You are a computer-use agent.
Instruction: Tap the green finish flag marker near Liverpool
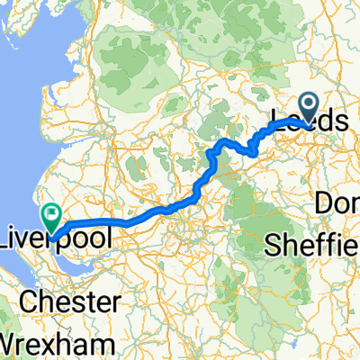pos(50,216)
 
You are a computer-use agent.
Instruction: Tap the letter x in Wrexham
pos(53,345)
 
